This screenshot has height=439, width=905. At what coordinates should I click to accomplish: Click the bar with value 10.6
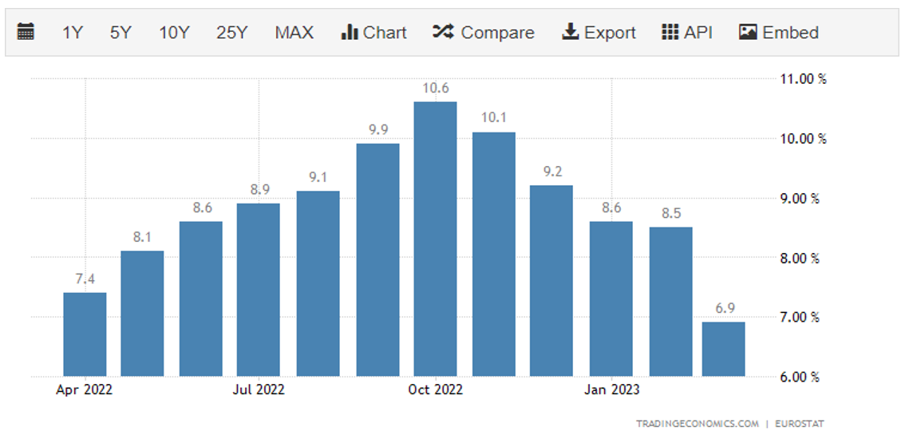click(x=435, y=239)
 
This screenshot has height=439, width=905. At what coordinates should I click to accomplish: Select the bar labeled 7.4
click(x=85, y=334)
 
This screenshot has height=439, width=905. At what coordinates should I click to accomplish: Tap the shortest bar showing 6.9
click(x=723, y=349)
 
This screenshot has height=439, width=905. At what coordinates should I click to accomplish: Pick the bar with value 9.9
click(x=377, y=259)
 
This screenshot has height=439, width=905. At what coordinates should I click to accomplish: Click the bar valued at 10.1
click(x=494, y=254)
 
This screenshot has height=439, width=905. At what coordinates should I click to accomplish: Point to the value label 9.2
click(x=552, y=171)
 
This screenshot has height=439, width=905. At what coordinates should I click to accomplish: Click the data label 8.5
click(x=670, y=213)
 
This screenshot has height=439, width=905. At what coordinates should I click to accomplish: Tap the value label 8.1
click(x=142, y=236)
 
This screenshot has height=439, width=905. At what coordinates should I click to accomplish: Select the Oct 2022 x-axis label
click(x=435, y=390)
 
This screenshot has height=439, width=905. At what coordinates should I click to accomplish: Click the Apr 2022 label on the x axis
click(x=85, y=390)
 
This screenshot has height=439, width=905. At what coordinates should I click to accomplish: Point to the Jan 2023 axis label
click(x=611, y=390)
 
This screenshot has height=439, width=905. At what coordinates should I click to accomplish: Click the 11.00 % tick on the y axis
click(x=803, y=79)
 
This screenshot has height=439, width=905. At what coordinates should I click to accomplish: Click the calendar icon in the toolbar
click(x=26, y=32)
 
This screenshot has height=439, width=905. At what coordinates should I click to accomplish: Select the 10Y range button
click(x=174, y=33)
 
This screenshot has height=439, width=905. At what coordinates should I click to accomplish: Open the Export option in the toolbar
click(x=599, y=33)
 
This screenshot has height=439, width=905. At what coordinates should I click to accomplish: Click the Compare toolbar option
click(x=484, y=33)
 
